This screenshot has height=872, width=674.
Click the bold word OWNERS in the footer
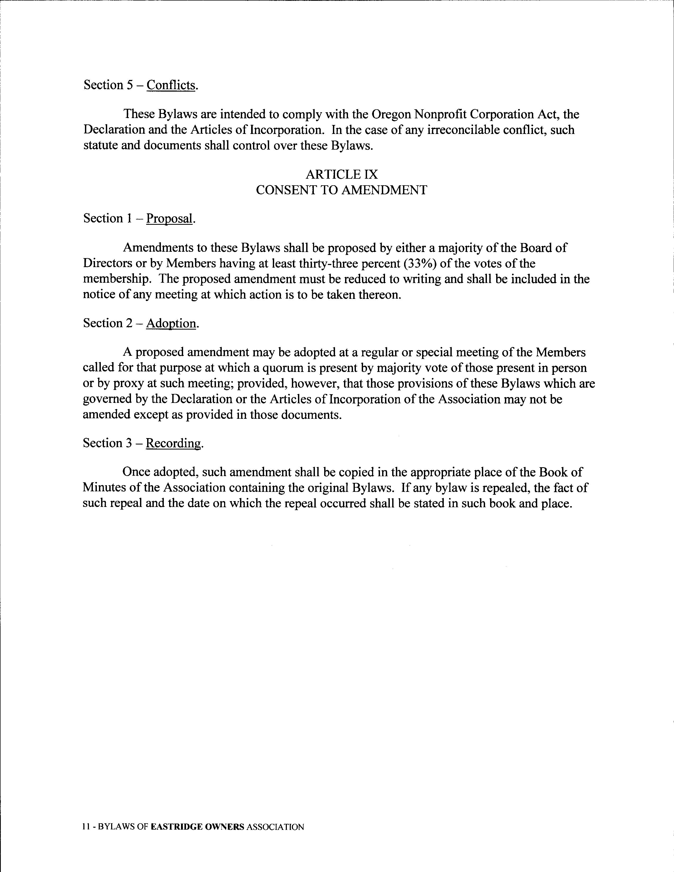224,827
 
